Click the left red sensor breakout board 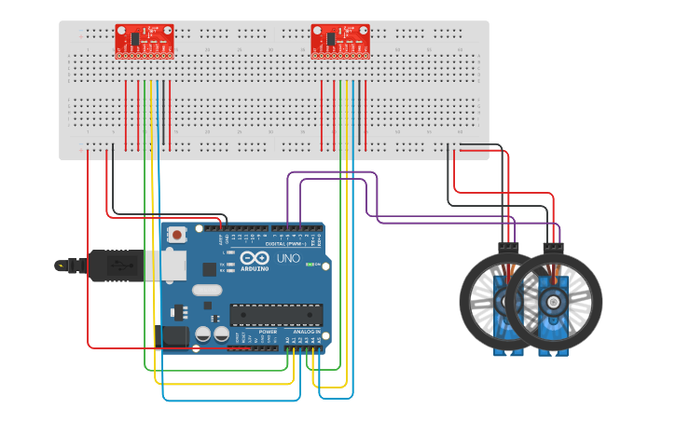pyautogui.click(x=145, y=40)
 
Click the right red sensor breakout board pyautogui.click(x=340, y=40)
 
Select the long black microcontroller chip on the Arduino pyautogui.click(x=275, y=316)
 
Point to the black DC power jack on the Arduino pyautogui.click(x=174, y=337)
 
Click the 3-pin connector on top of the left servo pyautogui.click(x=508, y=247)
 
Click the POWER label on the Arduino pyautogui.click(x=268, y=332)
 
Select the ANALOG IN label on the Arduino pyautogui.click(x=306, y=332)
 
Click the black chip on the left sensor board pyautogui.click(x=135, y=38)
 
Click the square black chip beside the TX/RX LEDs pyautogui.click(x=210, y=269)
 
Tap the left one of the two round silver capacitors pyautogui.click(x=202, y=334)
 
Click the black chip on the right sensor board pyautogui.click(x=331, y=38)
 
